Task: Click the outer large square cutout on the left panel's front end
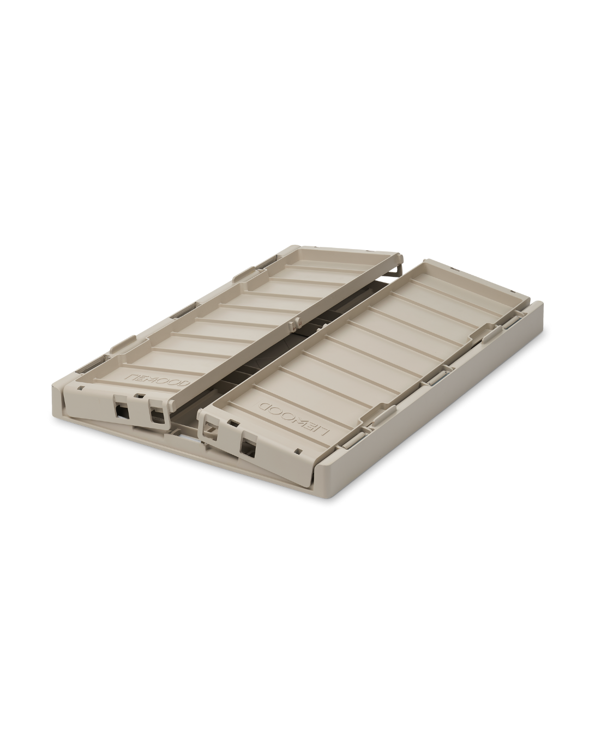121,408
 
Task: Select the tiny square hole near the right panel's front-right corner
300,451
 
